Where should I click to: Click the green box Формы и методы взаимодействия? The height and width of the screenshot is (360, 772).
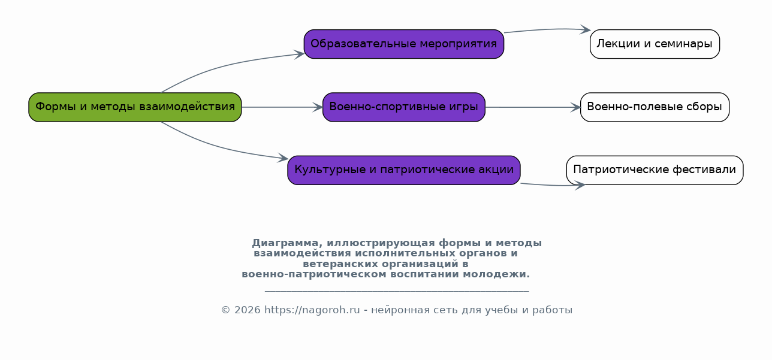(x=135, y=107)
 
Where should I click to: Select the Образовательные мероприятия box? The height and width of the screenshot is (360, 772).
(x=403, y=44)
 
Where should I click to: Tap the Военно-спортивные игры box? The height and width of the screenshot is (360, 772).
(x=403, y=107)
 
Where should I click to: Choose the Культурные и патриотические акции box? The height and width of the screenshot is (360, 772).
(x=403, y=170)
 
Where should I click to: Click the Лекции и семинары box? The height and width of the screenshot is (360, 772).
(x=655, y=44)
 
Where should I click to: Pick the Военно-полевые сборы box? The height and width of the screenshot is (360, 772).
(x=655, y=107)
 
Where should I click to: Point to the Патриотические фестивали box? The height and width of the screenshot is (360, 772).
(x=655, y=170)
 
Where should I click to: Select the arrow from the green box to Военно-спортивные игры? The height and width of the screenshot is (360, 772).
(x=282, y=107)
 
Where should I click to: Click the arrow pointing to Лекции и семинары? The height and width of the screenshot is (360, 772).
(x=545, y=29)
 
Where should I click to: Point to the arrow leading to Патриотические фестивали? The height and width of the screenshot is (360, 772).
(x=551, y=185)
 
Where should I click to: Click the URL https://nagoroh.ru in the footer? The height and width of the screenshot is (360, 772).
(x=312, y=310)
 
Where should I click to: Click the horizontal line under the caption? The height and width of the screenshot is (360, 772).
(x=396, y=291)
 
